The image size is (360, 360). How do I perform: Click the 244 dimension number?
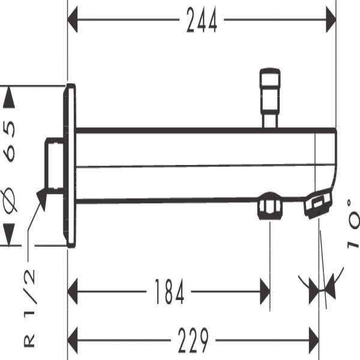(x=202, y=20)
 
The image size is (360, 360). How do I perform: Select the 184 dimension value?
(x=169, y=292)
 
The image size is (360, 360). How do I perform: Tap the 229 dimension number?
(x=193, y=340)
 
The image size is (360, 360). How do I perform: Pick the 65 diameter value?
(x=9, y=141)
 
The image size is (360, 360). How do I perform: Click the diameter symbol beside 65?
(x=10, y=200)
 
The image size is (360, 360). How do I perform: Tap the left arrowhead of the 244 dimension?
(x=73, y=20)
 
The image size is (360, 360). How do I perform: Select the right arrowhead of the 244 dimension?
(x=331, y=20)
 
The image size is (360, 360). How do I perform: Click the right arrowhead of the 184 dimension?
(x=265, y=292)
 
